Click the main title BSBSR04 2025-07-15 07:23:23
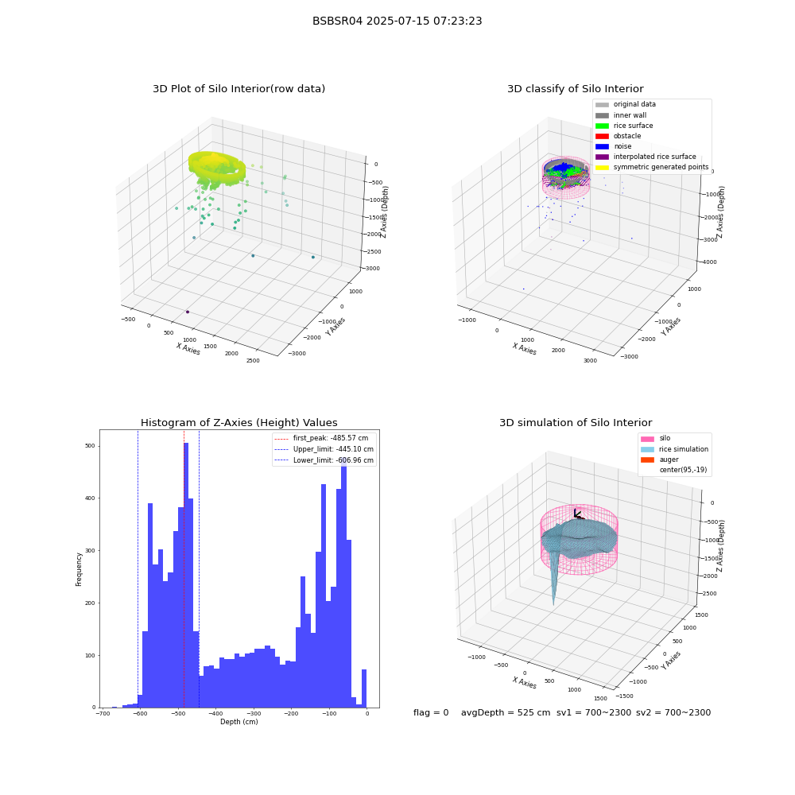click(397, 21)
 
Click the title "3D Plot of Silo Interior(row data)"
click(238, 89)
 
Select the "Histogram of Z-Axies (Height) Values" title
click(238, 422)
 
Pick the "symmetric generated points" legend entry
click(652, 167)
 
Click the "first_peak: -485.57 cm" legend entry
click(321, 438)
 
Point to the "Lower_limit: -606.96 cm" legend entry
click(324, 460)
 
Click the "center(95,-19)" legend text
click(683, 470)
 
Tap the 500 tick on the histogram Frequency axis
click(90, 446)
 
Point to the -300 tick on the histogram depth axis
click(254, 714)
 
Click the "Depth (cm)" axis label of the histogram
click(238, 722)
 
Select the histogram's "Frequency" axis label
click(79, 569)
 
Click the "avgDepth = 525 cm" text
click(506, 712)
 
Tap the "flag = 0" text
click(431, 712)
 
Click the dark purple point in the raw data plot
click(188, 312)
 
